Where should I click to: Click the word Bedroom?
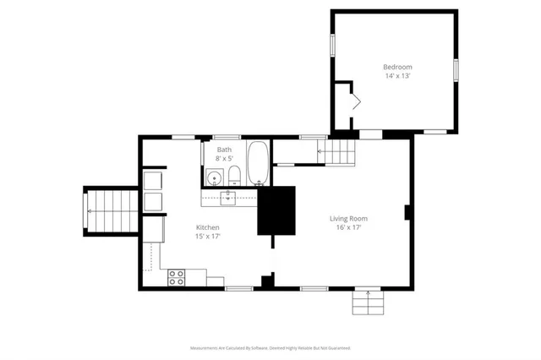397,67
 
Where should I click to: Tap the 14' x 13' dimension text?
397,75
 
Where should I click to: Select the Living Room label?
348,219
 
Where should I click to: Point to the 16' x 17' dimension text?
348,227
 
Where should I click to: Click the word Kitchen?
208,228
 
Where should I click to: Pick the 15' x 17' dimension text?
208,237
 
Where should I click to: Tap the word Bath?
224,149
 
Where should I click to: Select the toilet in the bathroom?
235,177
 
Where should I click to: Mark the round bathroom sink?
215,178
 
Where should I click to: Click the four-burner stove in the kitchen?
177,275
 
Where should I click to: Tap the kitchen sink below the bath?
228,199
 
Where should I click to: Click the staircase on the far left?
109,210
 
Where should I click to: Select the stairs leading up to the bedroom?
337,151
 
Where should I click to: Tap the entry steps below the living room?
367,301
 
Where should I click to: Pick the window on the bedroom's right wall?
456,68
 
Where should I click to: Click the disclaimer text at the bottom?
270,347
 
